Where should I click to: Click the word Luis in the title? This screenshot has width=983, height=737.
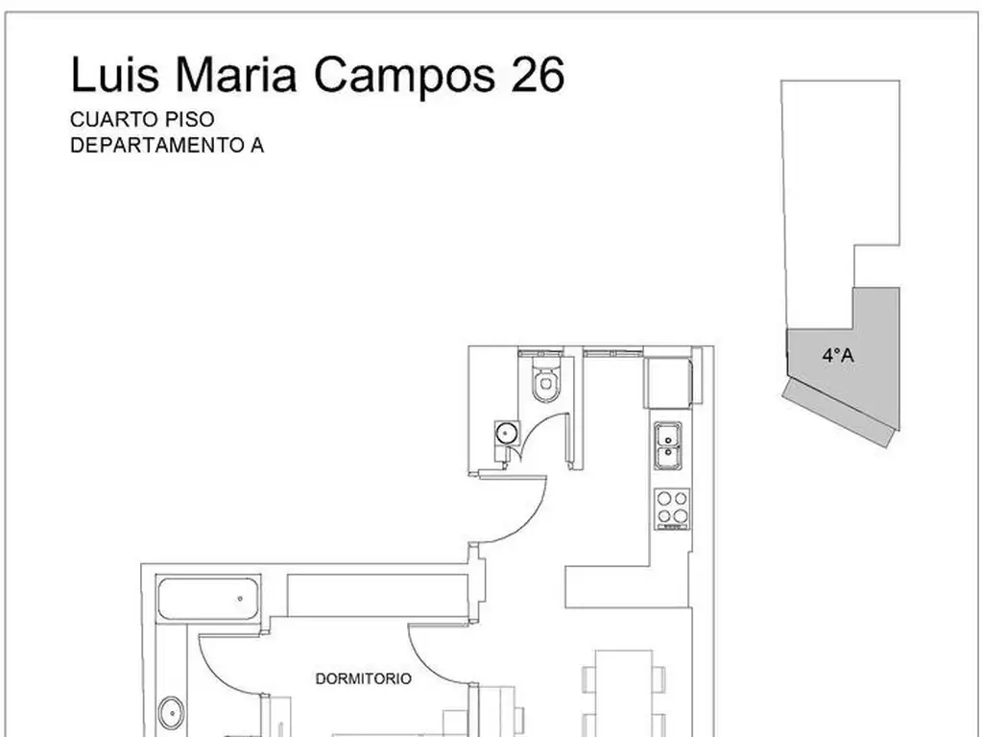click(115, 74)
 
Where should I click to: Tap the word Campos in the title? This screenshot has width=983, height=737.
click(404, 75)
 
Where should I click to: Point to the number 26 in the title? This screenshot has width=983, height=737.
click(538, 74)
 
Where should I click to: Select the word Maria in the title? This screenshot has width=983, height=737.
click(236, 74)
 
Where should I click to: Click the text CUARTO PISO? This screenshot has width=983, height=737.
click(142, 119)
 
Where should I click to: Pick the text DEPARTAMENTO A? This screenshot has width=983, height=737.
click(167, 146)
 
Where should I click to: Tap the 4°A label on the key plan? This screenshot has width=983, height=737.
click(838, 355)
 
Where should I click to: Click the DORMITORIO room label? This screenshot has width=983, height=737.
click(364, 678)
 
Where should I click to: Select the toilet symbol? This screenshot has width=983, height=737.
click(546, 377)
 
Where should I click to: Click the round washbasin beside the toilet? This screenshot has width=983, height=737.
click(507, 432)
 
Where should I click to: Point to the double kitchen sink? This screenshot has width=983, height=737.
click(668, 445)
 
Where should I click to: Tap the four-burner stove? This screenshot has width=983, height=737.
click(672, 509)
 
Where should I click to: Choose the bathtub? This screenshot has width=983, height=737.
click(208, 599)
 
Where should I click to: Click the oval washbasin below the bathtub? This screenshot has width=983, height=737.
click(171, 713)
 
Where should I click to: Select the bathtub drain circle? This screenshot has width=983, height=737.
click(240, 599)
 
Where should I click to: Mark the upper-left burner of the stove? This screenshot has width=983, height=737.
click(664, 499)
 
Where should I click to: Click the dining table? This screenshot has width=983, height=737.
click(624, 693)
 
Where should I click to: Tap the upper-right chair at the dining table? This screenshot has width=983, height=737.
click(659, 679)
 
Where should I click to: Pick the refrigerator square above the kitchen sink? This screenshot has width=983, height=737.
click(667, 383)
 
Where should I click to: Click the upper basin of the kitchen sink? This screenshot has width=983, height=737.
click(668, 435)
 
